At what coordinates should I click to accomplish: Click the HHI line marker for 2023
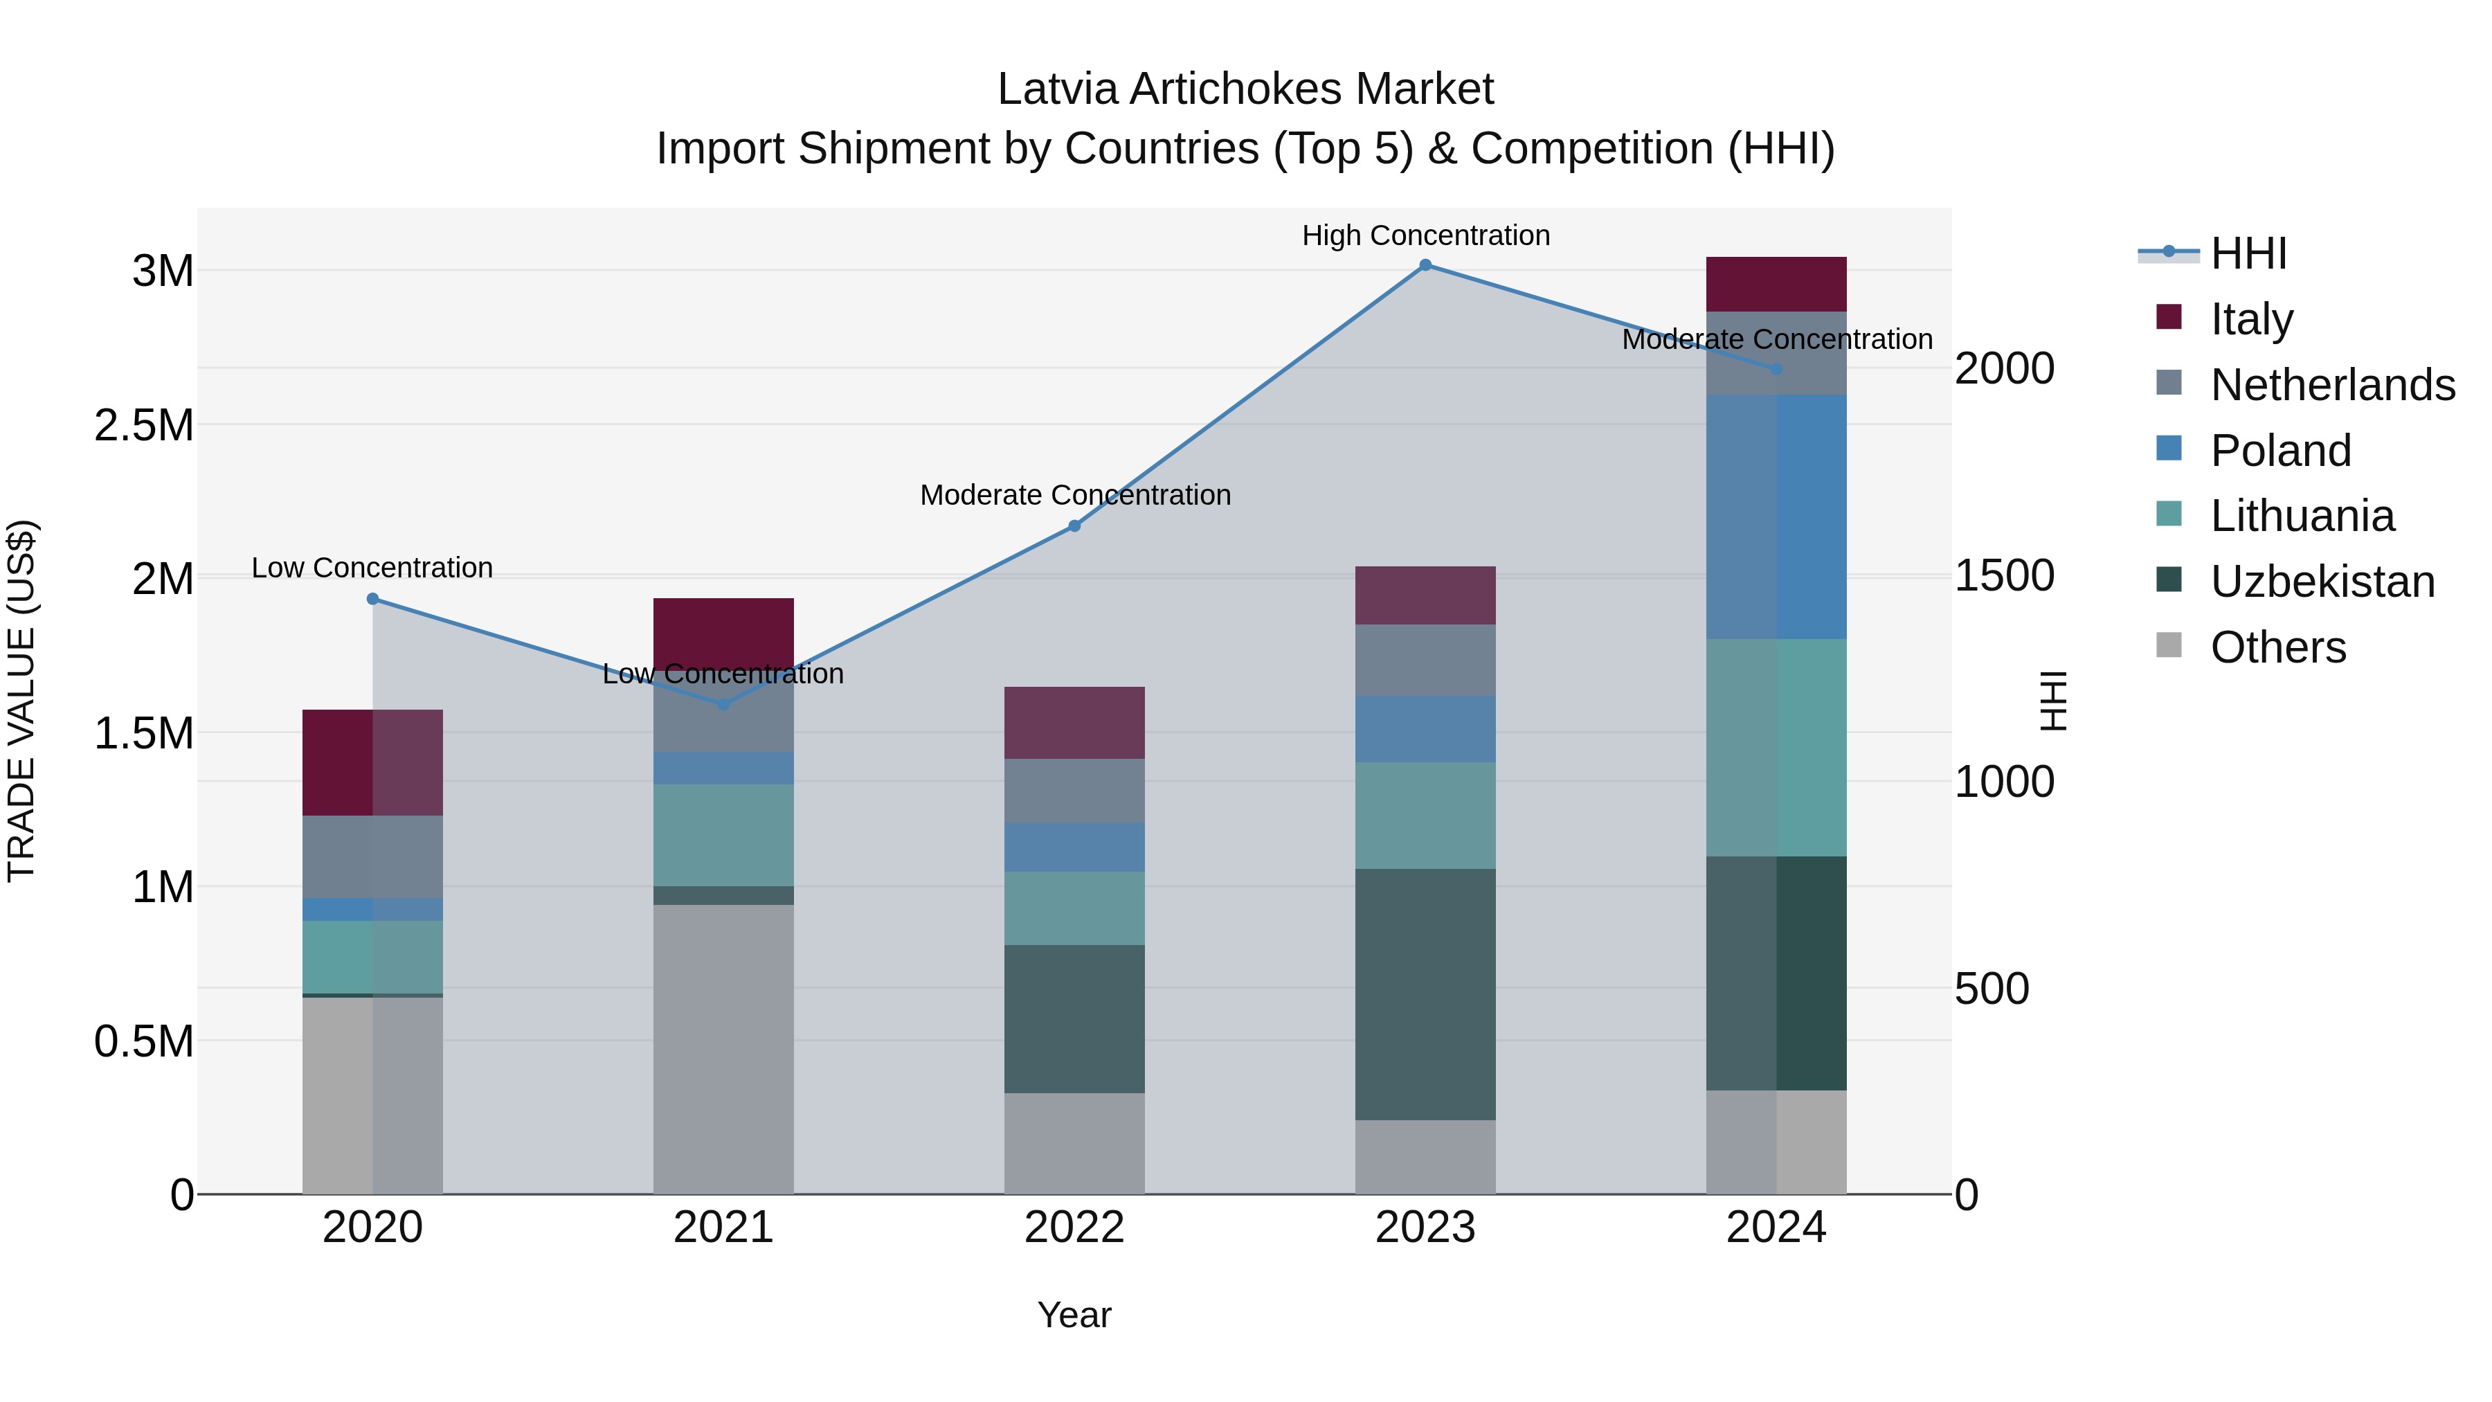click(1425, 265)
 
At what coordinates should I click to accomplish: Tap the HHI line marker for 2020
click(372, 599)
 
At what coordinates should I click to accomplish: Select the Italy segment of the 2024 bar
click(1776, 285)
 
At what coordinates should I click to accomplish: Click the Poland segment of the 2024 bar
click(1776, 516)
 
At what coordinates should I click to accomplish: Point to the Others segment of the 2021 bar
click(723, 1049)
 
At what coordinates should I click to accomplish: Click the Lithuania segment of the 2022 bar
click(1074, 908)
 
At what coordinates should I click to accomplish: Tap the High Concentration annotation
click(1425, 236)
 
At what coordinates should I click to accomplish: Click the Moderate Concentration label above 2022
click(1075, 496)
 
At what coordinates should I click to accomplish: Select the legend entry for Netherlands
click(2331, 385)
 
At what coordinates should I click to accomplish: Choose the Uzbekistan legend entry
click(2322, 582)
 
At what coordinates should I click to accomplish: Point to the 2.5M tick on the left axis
click(143, 426)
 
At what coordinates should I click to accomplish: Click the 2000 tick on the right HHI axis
click(2003, 368)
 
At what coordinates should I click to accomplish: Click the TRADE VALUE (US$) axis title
click(21, 701)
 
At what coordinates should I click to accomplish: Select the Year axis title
click(1074, 1315)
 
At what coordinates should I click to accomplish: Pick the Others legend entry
click(2277, 647)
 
